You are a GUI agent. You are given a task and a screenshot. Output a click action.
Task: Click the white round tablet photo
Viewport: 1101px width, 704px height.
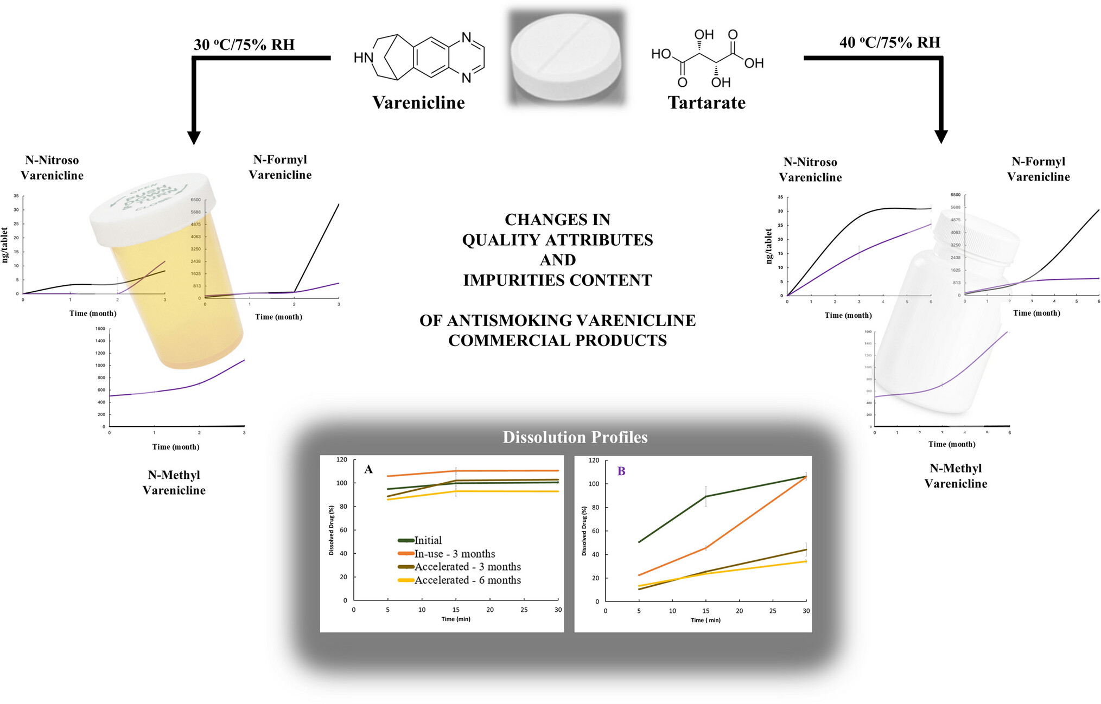(565, 58)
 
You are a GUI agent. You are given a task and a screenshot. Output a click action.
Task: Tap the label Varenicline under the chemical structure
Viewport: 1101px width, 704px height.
(418, 103)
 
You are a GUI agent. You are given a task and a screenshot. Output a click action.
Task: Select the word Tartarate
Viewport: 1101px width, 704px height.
(707, 103)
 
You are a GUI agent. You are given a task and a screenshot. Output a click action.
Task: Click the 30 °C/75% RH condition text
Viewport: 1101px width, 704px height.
(244, 44)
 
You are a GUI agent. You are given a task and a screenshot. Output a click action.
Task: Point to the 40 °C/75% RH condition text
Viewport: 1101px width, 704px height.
(889, 42)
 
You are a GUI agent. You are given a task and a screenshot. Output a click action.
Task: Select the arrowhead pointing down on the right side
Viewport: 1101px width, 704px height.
(941, 136)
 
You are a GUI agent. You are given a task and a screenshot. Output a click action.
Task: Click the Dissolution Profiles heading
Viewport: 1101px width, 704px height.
(575, 437)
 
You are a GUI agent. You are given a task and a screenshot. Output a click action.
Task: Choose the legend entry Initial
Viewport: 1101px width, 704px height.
(428, 540)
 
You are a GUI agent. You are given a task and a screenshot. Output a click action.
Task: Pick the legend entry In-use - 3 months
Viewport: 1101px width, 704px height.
(454, 554)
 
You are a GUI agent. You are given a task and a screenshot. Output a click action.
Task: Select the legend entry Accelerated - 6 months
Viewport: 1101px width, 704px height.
(467, 580)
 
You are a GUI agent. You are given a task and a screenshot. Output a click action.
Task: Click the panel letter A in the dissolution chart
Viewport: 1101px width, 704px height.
(368, 470)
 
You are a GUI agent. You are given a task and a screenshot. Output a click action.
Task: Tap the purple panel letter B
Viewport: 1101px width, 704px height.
(621, 471)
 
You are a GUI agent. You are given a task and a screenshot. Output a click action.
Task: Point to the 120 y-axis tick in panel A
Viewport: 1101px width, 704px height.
(342, 459)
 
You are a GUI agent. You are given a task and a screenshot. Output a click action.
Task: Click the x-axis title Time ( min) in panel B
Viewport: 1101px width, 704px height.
(705, 620)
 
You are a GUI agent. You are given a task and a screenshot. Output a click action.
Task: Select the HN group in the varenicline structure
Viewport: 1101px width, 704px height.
(363, 57)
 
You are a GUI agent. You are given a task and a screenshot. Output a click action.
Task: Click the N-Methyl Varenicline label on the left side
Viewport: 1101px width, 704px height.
(174, 482)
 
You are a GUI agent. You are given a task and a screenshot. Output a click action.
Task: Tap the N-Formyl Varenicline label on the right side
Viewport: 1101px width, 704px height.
(1038, 169)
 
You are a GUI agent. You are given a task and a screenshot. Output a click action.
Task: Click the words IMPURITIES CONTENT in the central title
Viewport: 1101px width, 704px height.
(557, 280)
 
